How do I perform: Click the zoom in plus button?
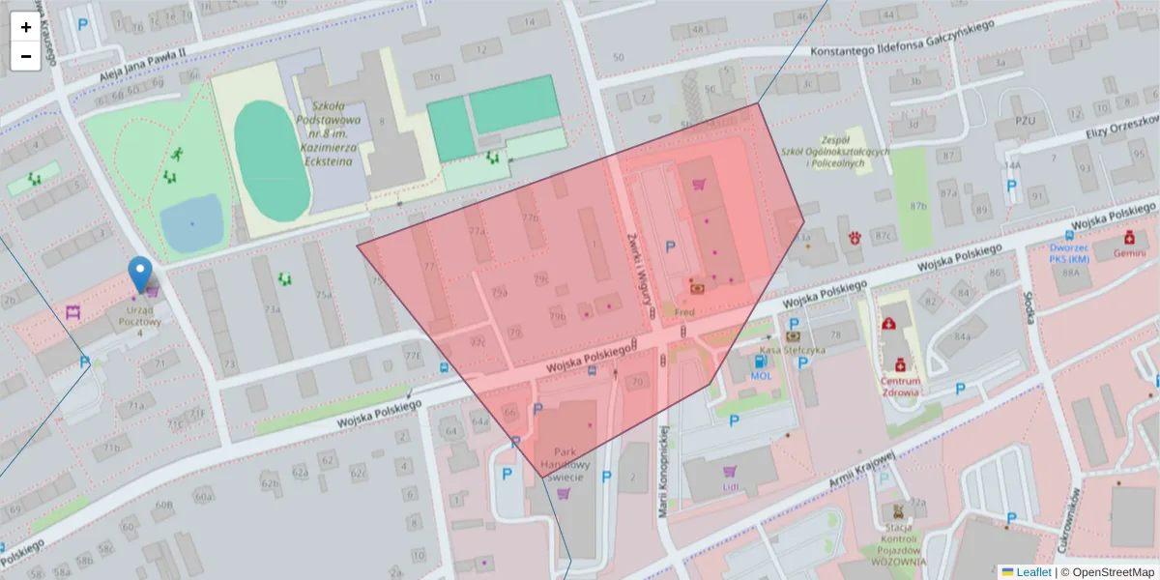tap(26, 27)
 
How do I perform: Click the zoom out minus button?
tap(26, 56)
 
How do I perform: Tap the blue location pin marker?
tap(141, 274)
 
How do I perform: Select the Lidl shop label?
tap(730, 486)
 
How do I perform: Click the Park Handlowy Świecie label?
tap(565, 463)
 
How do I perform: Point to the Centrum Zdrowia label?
tap(900, 387)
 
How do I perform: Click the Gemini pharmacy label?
tap(1128, 252)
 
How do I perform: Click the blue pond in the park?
tap(191, 222)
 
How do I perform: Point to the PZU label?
tap(1026, 121)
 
